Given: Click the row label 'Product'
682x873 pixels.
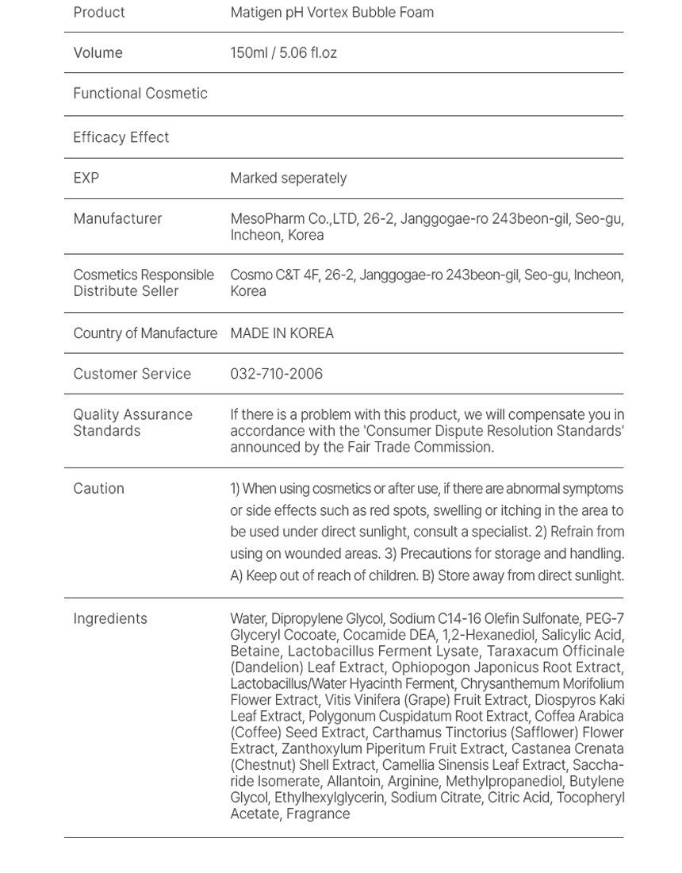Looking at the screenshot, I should [x=99, y=13].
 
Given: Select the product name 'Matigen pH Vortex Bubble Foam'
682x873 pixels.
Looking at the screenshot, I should [x=331, y=13].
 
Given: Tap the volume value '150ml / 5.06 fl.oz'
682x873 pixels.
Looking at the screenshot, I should [x=283, y=53].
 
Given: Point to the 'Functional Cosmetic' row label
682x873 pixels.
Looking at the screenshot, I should [x=140, y=94].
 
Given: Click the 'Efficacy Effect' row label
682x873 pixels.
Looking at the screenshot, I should [x=121, y=137].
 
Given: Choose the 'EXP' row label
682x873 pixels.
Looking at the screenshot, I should [x=86, y=178].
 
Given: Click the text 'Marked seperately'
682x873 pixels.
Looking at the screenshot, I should [x=288, y=178].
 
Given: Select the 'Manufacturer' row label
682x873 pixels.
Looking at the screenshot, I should [x=117, y=218].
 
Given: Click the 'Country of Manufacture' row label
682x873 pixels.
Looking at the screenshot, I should [x=145, y=333].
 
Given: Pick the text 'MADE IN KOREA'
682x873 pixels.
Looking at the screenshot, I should [x=282, y=333].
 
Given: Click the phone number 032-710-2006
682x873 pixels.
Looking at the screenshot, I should [x=276, y=374].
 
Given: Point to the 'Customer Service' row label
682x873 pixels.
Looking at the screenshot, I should [x=132, y=374].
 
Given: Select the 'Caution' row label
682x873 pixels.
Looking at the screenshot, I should [x=98, y=489].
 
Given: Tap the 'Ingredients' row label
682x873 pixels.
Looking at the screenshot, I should [x=110, y=619].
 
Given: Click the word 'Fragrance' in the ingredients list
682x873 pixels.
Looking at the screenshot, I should [x=318, y=813].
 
